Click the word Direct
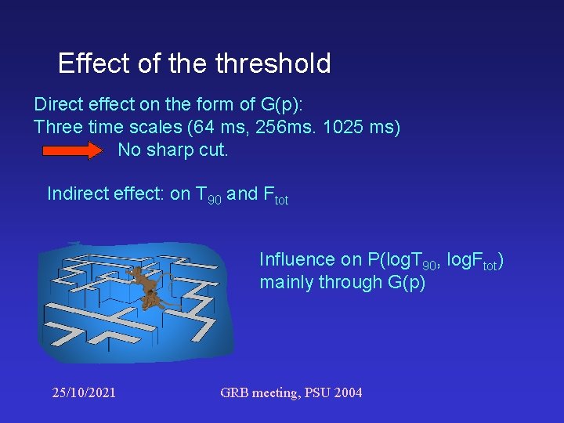pos(57,104)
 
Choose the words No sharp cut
pos(173,150)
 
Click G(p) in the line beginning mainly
pos(407,282)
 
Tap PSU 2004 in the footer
pos(337,392)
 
